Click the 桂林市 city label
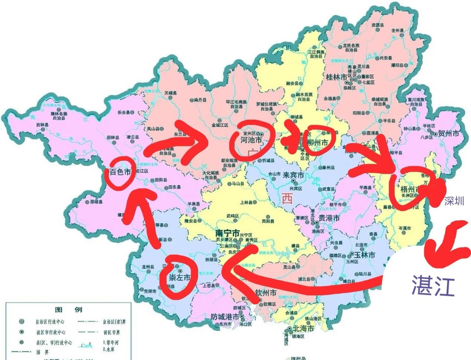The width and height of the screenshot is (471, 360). [x=336, y=77]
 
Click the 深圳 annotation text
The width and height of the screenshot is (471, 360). [x=454, y=201]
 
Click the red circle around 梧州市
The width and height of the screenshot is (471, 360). [x=408, y=190]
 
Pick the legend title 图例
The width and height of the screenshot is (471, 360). [x=68, y=310]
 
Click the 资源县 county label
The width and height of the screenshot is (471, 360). [x=378, y=25]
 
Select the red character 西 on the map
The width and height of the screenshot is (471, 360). [x=287, y=199]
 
